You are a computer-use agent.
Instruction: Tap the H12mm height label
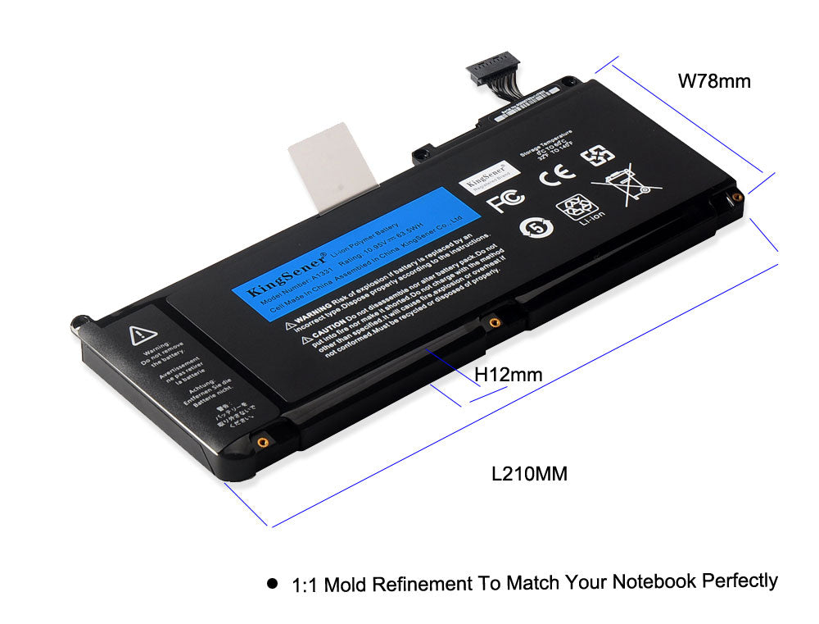509,375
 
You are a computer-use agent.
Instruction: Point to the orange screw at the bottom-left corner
261,441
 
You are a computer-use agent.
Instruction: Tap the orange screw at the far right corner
735,197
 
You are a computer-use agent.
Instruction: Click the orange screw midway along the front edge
493,322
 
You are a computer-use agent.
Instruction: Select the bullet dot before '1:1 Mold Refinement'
273,585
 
